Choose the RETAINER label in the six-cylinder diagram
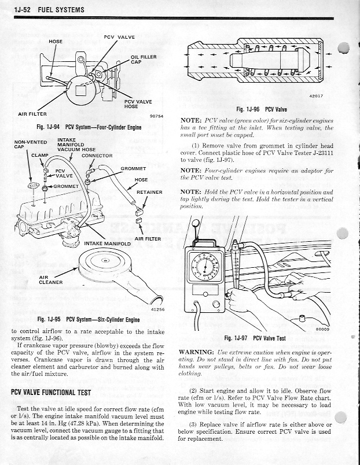pos(148,192)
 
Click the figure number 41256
pos(157,309)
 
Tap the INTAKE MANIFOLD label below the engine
pos(108,243)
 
